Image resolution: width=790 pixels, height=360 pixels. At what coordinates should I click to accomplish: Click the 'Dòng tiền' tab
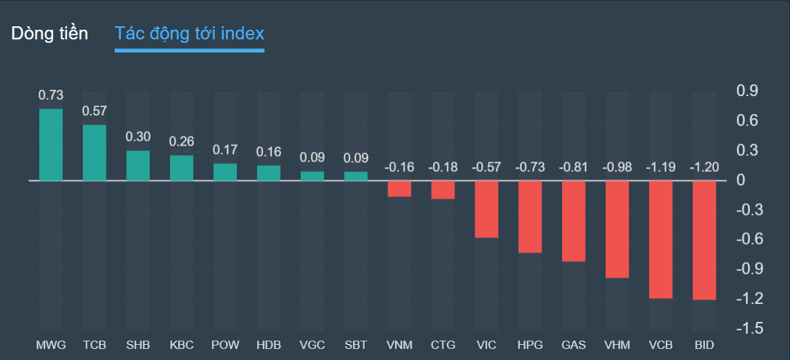(50, 34)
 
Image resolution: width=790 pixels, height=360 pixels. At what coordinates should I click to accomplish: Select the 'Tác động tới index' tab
(189, 34)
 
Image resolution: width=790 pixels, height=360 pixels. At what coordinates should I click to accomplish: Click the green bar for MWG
(51, 144)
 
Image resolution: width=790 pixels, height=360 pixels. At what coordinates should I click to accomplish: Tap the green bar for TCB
(95, 153)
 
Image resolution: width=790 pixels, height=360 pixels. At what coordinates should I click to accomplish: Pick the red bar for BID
(704, 240)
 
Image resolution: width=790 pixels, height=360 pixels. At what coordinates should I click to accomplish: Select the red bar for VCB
(661, 239)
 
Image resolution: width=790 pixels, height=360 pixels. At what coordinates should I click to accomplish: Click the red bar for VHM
(617, 229)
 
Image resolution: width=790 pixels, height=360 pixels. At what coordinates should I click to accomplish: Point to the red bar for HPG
(530, 216)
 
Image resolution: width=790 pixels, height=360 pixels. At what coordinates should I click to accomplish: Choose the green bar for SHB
(138, 166)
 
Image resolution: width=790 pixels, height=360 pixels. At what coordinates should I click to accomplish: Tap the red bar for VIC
(487, 209)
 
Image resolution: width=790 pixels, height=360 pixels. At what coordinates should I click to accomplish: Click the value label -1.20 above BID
(704, 167)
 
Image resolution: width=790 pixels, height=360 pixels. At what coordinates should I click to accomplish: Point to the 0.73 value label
(50, 95)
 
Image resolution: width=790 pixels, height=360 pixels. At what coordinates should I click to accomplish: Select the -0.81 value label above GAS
(574, 167)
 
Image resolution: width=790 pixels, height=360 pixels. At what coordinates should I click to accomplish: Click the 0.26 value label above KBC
(182, 142)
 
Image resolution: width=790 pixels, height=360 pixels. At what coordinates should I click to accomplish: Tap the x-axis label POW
(225, 345)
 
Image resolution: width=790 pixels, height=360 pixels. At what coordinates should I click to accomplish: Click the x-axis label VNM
(399, 345)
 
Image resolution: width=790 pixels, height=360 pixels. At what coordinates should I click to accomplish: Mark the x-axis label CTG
(443, 345)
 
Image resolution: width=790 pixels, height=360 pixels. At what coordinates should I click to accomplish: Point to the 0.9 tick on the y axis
(747, 91)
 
